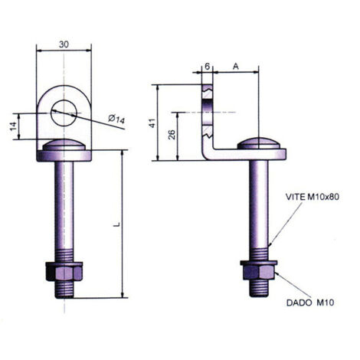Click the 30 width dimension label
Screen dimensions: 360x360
[64, 44]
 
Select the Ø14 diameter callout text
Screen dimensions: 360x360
[116, 119]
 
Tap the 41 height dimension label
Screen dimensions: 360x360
[152, 123]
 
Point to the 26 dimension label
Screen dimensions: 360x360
[172, 135]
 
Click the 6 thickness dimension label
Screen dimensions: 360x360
[207, 67]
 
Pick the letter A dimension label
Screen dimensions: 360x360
[236, 67]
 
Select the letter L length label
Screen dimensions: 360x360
[117, 224]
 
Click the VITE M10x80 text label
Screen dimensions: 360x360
[313, 197]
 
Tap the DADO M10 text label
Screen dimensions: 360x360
[310, 303]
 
